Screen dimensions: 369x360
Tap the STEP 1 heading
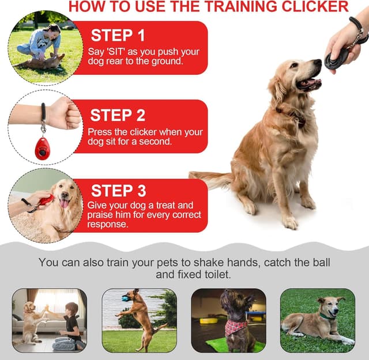pos(118,35)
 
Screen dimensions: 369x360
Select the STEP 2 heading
pos(118,115)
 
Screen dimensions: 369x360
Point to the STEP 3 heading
pos(119,191)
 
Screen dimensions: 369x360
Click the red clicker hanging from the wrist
pos(42,149)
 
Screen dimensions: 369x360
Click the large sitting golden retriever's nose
pos(318,62)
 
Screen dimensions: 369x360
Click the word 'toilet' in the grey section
pos(218,274)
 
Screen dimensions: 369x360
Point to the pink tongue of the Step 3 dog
pos(64,203)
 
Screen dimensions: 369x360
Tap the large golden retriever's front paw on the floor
pos(291,222)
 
